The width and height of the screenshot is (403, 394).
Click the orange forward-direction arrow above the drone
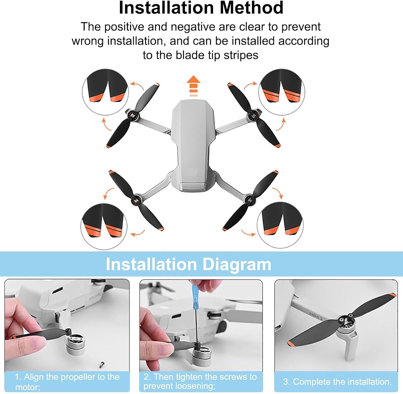[x=194, y=86]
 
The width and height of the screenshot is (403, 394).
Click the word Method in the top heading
[x=251, y=8]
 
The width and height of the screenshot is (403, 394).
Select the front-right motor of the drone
[x=253, y=115]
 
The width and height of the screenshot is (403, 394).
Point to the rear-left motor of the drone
[x=136, y=199]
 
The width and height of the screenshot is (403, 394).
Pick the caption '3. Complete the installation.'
[x=337, y=382]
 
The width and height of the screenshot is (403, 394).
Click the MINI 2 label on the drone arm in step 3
[x=316, y=316]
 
